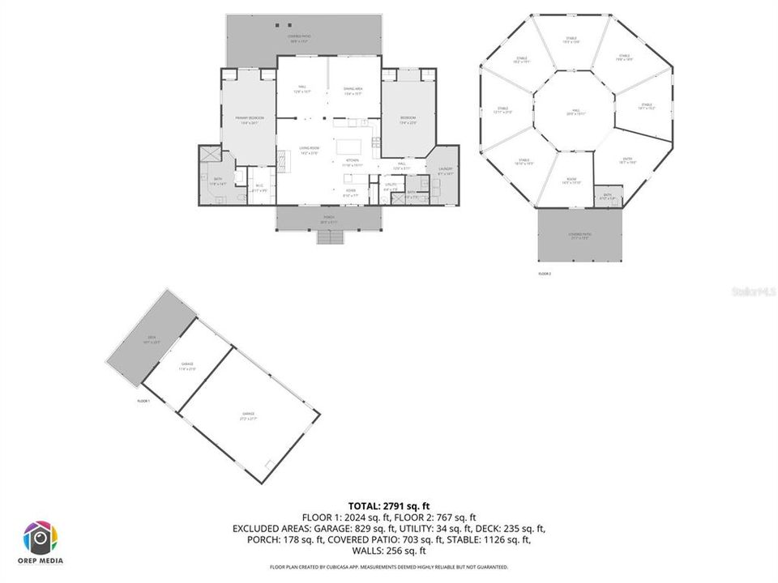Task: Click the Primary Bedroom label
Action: [247, 121]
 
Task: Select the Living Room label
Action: [309, 149]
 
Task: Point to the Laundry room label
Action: [445, 171]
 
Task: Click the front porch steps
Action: [329, 237]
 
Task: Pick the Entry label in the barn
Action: [628, 160]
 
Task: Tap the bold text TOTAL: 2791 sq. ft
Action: [388, 506]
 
